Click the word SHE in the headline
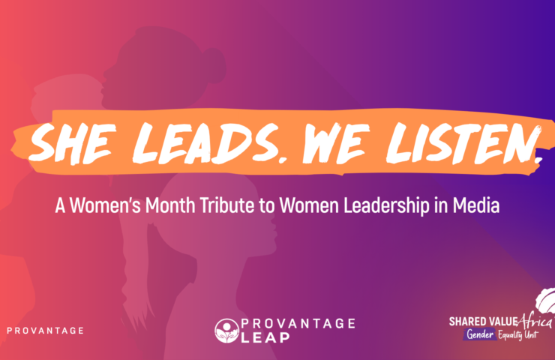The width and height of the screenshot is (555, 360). click(x=73, y=143)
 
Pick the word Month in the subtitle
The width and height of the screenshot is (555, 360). click(x=170, y=205)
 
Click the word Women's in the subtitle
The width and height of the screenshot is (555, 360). click(x=105, y=205)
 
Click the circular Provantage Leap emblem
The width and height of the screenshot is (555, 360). click(x=226, y=331)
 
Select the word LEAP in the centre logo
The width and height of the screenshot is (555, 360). click(x=265, y=337)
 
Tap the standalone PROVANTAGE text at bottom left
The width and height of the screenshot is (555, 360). click(x=45, y=331)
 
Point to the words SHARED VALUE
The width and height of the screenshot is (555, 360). click(x=483, y=322)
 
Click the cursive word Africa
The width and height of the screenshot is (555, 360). click(x=535, y=322)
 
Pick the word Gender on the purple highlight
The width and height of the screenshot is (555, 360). click(x=480, y=334)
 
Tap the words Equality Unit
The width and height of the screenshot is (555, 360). click(x=517, y=334)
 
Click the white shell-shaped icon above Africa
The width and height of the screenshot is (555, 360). click(x=546, y=301)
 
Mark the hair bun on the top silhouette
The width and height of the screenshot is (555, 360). click(x=214, y=64)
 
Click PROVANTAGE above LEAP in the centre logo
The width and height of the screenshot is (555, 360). click(x=298, y=323)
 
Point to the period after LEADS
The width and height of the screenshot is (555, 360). click(x=282, y=160)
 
